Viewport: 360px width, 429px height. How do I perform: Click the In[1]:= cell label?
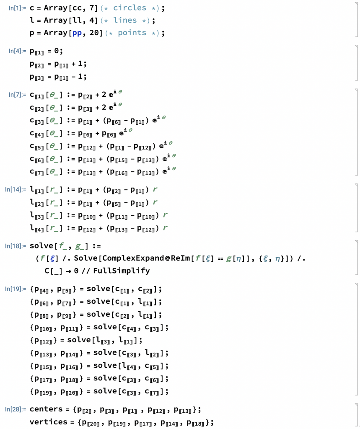point(17,8)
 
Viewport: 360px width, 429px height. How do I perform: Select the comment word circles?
point(130,8)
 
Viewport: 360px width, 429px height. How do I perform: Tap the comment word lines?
point(125,20)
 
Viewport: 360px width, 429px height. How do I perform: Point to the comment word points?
point(132,33)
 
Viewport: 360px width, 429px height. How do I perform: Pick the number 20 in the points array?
point(94,33)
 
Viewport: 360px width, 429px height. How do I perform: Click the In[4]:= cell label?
point(17,51)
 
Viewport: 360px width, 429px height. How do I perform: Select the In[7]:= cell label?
point(17,95)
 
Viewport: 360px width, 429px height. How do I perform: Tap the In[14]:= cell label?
point(16,189)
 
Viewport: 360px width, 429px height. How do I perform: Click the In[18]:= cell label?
point(16,246)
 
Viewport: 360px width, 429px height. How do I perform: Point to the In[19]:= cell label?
point(16,289)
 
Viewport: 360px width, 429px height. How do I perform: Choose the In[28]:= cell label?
point(16,409)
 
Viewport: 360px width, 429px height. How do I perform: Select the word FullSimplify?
point(122,271)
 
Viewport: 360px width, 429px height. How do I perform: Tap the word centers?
point(46,409)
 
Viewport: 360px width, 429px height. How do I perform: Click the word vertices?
point(49,422)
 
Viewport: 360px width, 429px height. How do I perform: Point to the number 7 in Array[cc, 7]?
point(92,8)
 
